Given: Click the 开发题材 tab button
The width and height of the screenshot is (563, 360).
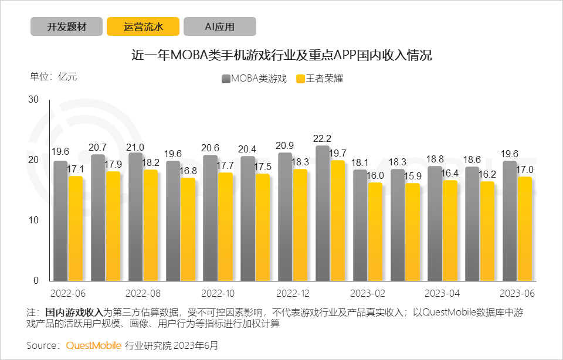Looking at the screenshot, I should click(66, 26).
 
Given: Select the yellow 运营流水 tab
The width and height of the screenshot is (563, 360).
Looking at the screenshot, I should click(143, 26).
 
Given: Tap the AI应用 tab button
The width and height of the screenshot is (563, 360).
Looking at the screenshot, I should click(219, 26).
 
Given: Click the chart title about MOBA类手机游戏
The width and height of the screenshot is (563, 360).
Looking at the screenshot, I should click(281, 56).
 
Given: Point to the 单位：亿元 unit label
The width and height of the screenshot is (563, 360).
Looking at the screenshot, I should click(53, 77).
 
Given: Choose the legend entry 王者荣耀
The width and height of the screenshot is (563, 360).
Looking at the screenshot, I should click(319, 79).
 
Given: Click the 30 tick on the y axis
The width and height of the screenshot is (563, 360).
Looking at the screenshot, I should click(33, 100).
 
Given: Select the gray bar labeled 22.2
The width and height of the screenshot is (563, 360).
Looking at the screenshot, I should click(323, 213).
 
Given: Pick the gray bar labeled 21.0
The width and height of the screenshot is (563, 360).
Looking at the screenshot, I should click(135, 217).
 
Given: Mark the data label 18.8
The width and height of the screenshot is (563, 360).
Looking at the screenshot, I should click(435, 159).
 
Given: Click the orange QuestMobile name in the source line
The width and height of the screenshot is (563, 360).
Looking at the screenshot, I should click(93, 345).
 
